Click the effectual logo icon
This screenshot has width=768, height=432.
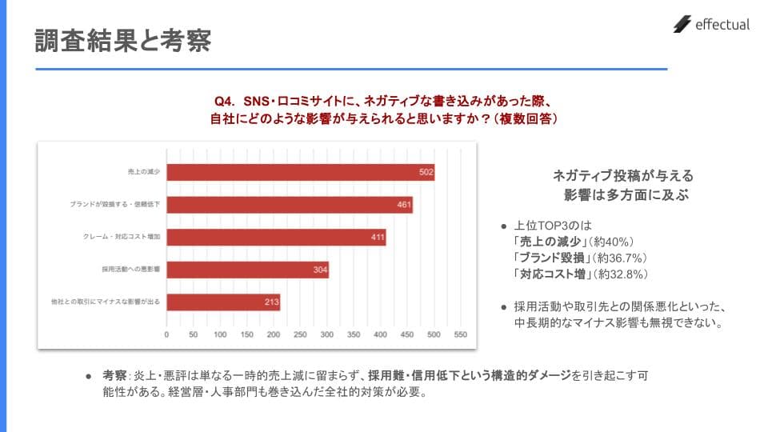coord(682,25)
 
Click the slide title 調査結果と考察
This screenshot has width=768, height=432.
coord(122,41)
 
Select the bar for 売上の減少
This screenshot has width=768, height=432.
coord(300,173)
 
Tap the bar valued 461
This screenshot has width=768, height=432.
coord(289,205)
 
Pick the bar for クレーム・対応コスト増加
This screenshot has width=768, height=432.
coord(275,238)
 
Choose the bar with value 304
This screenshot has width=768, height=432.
coord(247,270)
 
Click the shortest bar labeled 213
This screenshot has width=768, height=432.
coord(222,302)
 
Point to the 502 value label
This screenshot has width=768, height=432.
coord(426,173)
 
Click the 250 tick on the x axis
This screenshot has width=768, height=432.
coord(300,335)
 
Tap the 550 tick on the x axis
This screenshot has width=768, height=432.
coord(460,335)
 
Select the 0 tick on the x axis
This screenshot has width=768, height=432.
coord(166,335)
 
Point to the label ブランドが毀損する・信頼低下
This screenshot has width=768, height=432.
coord(115,205)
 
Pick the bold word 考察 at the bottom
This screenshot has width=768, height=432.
coord(114,375)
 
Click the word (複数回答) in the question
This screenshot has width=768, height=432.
coord(524,118)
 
